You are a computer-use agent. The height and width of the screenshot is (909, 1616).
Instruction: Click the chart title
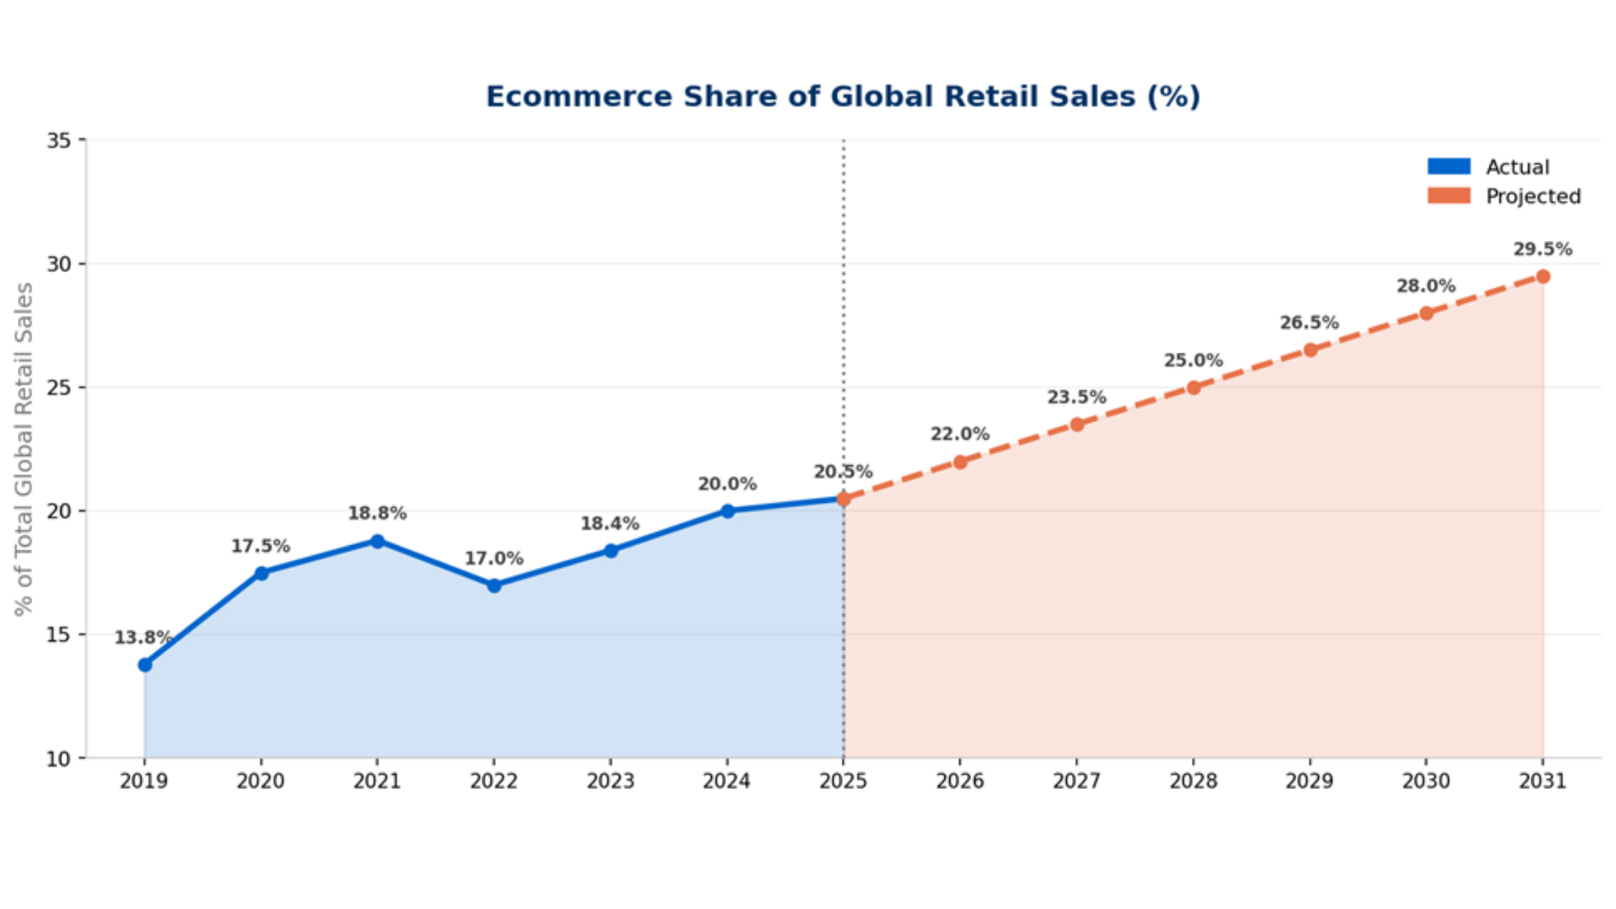pos(843,97)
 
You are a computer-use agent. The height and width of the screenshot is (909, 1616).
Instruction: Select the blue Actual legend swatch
pos(1449,167)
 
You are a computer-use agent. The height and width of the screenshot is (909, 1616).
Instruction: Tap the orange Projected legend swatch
pos(1449,196)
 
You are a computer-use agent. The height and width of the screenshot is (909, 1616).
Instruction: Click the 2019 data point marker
pos(145,664)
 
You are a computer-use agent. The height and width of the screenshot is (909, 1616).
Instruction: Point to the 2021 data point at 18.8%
pos(377,541)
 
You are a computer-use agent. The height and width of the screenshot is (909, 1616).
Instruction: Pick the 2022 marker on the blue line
pos(494,585)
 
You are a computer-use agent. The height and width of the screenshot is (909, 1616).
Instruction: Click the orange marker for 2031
pos(1542,276)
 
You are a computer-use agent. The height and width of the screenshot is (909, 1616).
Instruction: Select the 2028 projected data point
pos(1193,387)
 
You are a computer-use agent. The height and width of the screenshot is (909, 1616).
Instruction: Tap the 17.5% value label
pos(260,546)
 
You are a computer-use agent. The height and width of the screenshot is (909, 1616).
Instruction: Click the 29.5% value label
pos(1542,250)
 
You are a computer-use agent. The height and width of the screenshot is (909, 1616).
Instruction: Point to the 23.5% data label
pos(1076,398)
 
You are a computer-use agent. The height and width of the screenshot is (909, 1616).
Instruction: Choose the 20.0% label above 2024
pos(727,484)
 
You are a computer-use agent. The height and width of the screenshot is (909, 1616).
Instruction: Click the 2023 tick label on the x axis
pos(610,781)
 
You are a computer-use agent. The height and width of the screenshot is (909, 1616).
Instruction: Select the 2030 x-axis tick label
pos(1426,781)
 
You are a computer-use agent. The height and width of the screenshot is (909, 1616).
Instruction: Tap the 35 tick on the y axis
pos(59,140)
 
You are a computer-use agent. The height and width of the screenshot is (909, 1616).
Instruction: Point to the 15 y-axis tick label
pos(59,635)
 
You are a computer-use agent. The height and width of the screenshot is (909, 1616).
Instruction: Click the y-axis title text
pos(24,449)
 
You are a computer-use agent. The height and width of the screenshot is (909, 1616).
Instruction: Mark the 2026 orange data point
pos(960,462)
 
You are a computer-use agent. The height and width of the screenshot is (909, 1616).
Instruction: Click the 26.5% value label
pos(1309,322)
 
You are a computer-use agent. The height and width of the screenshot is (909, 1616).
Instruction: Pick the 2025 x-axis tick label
pos(843,781)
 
